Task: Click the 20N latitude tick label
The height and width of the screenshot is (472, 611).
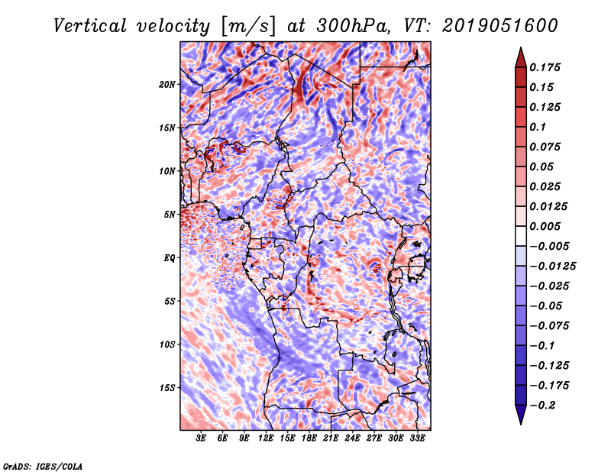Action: pyautogui.click(x=167, y=85)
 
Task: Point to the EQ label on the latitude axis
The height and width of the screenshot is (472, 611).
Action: pyautogui.click(x=170, y=258)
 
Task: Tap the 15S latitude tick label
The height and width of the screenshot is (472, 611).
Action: pyautogui.click(x=167, y=388)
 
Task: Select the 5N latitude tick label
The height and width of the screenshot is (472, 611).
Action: pyautogui.click(x=170, y=215)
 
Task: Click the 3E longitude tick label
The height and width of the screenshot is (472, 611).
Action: pyautogui.click(x=201, y=438)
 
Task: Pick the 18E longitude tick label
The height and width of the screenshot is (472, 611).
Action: pyautogui.click(x=309, y=438)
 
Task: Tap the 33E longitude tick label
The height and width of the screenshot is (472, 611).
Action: pyautogui.click(x=417, y=438)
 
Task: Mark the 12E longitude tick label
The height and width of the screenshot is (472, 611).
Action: pyautogui.click(x=266, y=438)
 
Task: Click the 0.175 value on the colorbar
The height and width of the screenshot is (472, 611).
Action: pyautogui.click(x=545, y=67)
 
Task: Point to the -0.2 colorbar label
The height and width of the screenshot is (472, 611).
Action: pyautogui.click(x=543, y=406)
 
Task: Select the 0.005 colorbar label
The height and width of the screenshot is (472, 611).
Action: pyautogui.click(x=545, y=226)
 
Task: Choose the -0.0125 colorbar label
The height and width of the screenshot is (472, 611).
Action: pyautogui.click(x=552, y=267)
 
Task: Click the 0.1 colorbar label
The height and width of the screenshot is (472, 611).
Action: pyautogui.click(x=538, y=127)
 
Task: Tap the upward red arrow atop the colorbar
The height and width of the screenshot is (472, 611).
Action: pyautogui.click(x=521, y=57)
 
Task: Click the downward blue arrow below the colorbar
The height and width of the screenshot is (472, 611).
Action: pyautogui.click(x=521, y=415)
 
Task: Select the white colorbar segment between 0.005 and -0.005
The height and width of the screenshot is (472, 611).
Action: pyautogui.click(x=521, y=236)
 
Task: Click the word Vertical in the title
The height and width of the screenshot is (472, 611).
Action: pyautogui.click(x=90, y=26)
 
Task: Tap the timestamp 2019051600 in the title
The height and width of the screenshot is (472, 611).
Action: pyautogui.click(x=500, y=26)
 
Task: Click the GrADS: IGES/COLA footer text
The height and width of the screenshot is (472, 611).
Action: pyautogui.click(x=43, y=467)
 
